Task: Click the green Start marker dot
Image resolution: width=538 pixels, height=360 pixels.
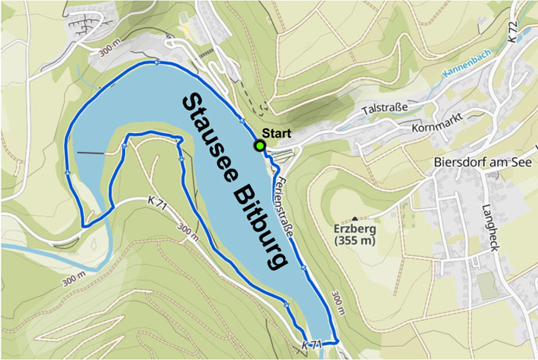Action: tap(259, 146)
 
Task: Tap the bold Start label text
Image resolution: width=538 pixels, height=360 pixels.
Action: tap(276, 132)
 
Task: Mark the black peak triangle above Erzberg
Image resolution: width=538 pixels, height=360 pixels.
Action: tap(355, 218)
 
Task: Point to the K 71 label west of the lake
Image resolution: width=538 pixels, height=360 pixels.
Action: tap(157, 202)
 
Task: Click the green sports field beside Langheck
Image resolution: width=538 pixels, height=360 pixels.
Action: tap(487, 286)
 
